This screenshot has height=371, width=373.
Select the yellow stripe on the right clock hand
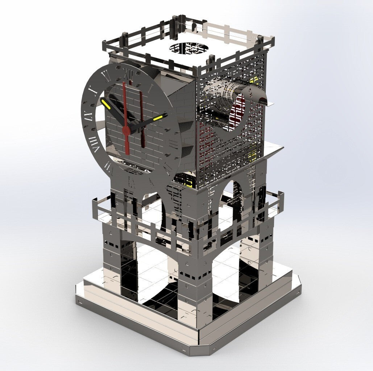tap(158, 118)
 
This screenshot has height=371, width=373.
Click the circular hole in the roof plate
tap(189, 48)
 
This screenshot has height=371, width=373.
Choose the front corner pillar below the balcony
tap(194, 286)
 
